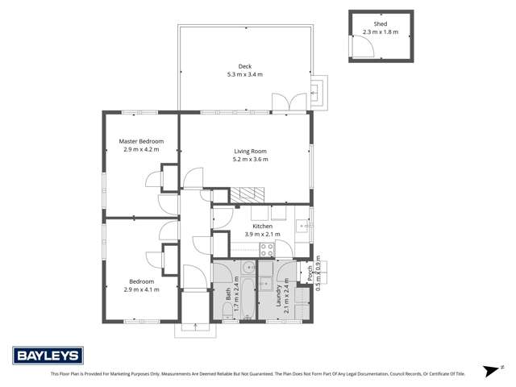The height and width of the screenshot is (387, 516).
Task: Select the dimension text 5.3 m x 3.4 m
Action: (x=244, y=74)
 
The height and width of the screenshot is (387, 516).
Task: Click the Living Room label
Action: (x=250, y=151)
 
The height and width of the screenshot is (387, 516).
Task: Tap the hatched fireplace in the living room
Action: (x=248, y=194)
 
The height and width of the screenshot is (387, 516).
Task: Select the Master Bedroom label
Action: (x=141, y=140)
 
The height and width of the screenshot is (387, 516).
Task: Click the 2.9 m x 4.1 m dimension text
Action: (x=141, y=289)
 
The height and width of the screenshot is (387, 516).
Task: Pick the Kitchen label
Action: (x=263, y=227)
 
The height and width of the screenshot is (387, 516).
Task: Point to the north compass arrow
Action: (x=489, y=370)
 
